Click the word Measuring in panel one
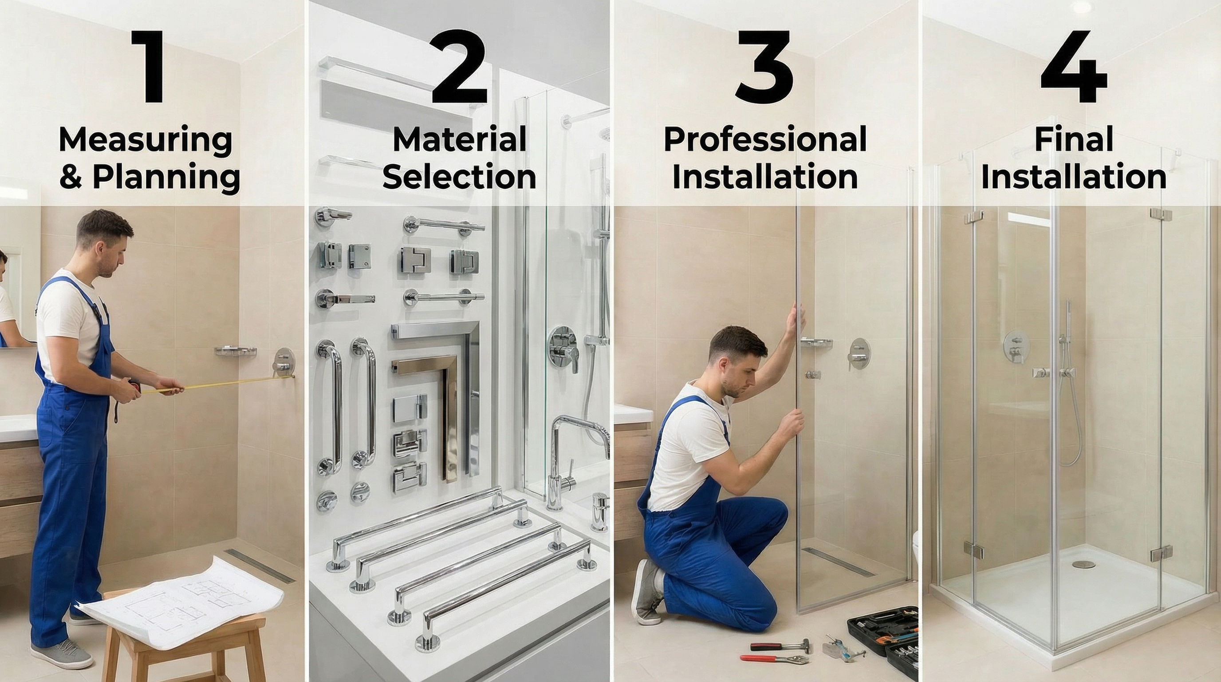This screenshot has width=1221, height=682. click(x=145, y=141)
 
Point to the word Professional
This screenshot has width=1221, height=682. click(x=764, y=141)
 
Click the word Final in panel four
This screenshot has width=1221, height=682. click(x=1073, y=140)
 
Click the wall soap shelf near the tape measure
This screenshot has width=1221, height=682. click(x=236, y=351)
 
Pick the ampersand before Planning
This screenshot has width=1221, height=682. click(x=71, y=178)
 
